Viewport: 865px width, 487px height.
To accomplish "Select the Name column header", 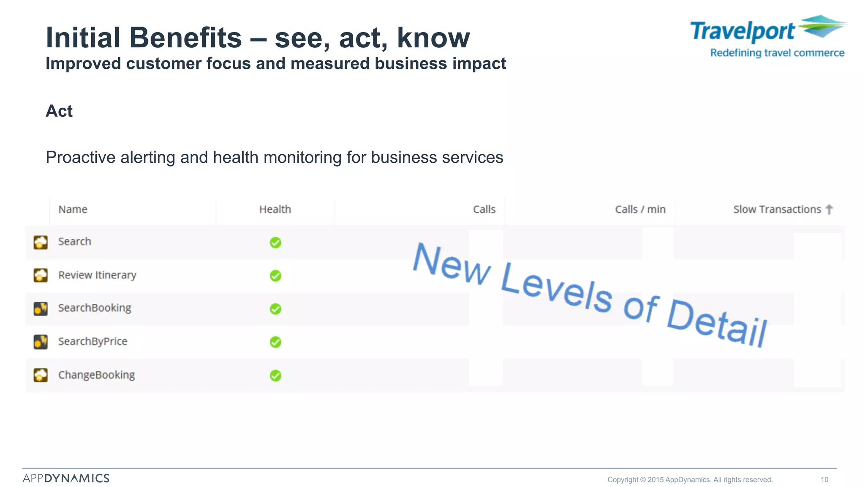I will [73, 209].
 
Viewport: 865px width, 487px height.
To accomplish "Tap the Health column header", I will [275, 209].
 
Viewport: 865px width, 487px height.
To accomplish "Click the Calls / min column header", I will [640, 209].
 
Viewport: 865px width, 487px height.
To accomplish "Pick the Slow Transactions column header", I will [777, 209].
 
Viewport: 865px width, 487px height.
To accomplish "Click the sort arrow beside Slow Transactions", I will [829, 209].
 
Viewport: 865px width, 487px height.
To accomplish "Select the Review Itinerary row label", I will [97, 275].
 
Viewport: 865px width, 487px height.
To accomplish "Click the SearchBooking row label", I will [95, 308].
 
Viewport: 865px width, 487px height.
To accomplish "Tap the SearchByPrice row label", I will [92, 341].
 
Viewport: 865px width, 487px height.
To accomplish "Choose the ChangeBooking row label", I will [96, 375].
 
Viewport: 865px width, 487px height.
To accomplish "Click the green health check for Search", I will [275, 243].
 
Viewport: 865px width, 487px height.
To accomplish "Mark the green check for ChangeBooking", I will [275, 375].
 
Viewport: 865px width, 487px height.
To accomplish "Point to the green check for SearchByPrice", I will [275, 342].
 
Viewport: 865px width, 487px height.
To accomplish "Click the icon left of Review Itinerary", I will [41, 275].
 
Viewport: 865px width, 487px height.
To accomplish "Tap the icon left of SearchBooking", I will [41, 308].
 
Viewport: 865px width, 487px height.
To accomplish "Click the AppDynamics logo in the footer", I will [66, 478].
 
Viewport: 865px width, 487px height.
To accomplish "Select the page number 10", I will [824, 480].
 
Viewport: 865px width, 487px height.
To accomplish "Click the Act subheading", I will [59, 111].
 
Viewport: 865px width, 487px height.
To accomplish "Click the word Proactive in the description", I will [81, 157].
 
